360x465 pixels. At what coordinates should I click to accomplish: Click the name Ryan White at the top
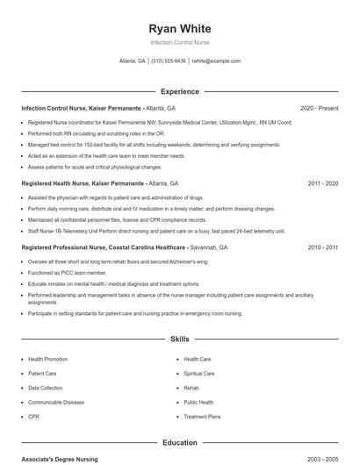pyautogui.click(x=179, y=28)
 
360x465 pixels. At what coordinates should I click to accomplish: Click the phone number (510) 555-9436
pyautogui.click(x=169, y=61)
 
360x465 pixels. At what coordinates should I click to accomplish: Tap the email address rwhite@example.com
pyautogui.click(x=216, y=61)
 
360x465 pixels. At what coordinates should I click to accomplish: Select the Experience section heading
pyautogui.click(x=179, y=91)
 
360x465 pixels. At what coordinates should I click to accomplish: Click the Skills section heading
pyautogui.click(x=179, y=338)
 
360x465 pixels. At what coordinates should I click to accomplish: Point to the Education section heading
pyautogui.click(x=179, y=443)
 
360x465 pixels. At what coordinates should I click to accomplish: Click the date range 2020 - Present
pyautogui.click(x=319, y=108)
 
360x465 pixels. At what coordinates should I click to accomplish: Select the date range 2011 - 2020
pyautogui.click(x=322, y=183)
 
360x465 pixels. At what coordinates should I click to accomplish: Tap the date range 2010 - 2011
pyautogui.click(x=322, y=248)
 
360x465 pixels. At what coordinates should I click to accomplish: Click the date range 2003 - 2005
pyautogui.click(x=322, y=459)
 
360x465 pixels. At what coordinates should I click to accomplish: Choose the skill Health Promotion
pyautogui.click(x=47, y=359)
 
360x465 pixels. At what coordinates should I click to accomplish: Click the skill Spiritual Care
pyautogui.click(x=198, y=373)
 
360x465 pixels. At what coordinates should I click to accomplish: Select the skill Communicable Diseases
pyautogui.click(x=56, y=402)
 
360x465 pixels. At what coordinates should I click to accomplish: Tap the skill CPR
pyautogui.click(x=33, y=416)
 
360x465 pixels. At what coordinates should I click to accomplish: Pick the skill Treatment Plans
pyautogui.click(x=202, y=416)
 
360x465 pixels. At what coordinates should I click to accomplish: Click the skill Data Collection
pyautogui.click(x=45, y=387)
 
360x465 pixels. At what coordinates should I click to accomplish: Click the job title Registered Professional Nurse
pyautogui.click(x=66, y=248)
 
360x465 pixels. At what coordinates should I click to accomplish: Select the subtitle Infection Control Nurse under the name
pyautogui.click(x=179, y=42)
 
